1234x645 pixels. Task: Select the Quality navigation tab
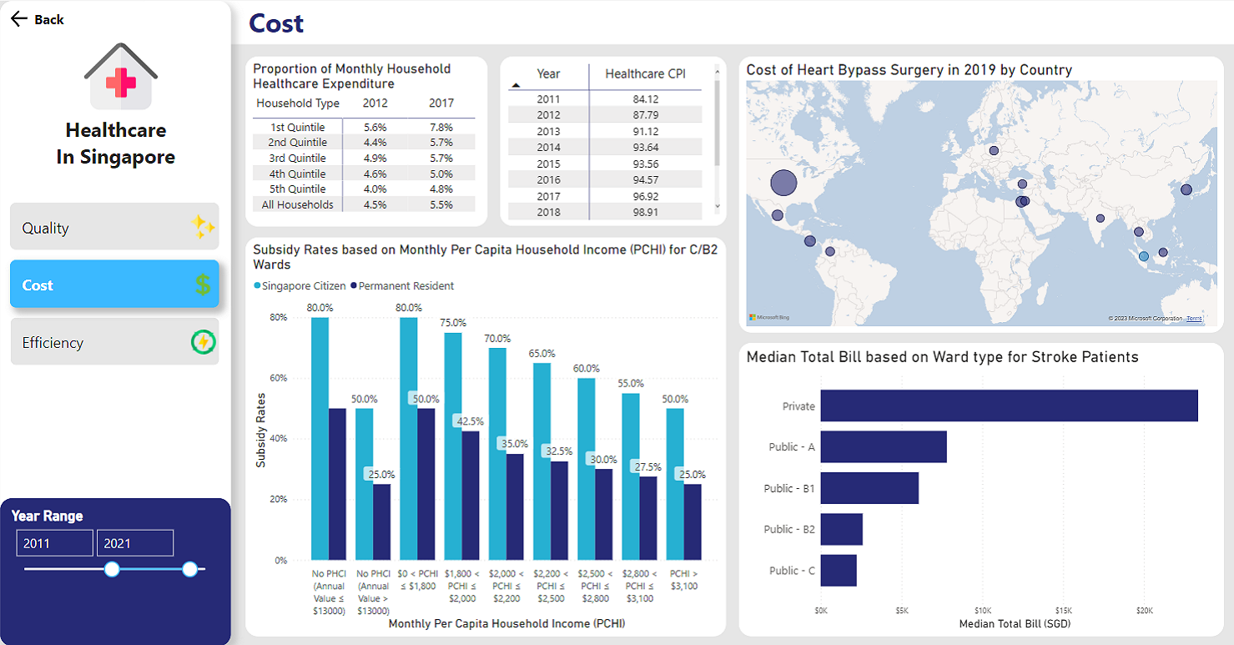tap(114, 227)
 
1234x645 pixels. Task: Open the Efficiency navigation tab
tap(114, 342)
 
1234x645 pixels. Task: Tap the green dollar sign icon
tap(203, 285)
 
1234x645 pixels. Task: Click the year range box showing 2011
tap(54, 543)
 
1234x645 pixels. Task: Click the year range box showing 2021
tap(134, 543)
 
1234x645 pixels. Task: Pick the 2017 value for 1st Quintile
tap(441, 127)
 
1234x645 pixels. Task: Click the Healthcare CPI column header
tap(645, 74)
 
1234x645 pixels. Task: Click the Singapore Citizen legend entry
tap(300, 286)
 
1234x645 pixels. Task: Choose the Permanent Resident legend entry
tap(402, 286)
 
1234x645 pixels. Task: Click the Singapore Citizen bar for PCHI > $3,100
tap(675, 484)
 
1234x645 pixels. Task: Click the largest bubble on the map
tap(783, 183)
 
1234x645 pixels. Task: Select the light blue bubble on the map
tap(1144, 256)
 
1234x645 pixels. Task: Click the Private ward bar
tap(1009, 406)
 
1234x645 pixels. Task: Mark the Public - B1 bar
tap(869, 488)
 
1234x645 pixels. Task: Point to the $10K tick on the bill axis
tap(983, 611)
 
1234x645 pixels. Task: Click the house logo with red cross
tap(121, 78)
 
